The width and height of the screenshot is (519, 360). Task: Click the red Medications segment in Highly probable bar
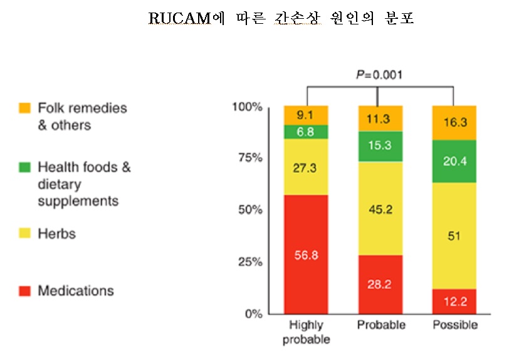[306, 254]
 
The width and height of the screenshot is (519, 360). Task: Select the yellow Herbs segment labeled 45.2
[380, 208]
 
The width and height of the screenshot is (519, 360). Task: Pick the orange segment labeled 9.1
[306, 115]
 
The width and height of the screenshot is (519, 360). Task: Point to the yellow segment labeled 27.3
[306, 167]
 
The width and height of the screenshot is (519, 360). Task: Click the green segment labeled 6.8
[306, 132]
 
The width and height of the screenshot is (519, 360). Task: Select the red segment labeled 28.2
[380, 284]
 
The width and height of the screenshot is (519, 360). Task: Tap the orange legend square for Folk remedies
[24, 109]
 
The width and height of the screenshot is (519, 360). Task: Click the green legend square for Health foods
[24, 167]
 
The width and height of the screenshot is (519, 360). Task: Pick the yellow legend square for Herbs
[24, 234]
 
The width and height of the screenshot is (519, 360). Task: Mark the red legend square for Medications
[24, 291]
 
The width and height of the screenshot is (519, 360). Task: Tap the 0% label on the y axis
[252, 314]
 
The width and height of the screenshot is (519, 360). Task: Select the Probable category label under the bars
[381, 326]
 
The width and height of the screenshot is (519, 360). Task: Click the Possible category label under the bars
[455, 326]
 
